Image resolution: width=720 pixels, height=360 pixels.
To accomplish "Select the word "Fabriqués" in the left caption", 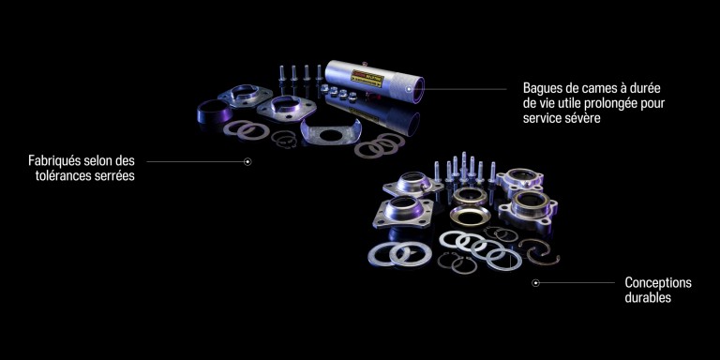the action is [55, 160].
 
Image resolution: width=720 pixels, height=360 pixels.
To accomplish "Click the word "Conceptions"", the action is [658, 282].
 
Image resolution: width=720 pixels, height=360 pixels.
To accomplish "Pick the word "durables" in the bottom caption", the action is [648, 297].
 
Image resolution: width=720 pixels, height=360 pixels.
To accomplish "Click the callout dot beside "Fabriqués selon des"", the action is [247, 161].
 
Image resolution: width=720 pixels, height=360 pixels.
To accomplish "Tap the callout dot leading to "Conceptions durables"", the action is [535, 283].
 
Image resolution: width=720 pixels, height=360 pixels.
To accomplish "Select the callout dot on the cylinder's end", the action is [417, 89].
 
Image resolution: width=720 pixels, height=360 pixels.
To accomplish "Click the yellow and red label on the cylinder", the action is [367, 79].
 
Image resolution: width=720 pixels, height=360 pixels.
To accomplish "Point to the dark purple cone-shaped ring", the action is [215, 111].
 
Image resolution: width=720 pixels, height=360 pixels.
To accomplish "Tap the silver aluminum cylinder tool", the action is [374, 82].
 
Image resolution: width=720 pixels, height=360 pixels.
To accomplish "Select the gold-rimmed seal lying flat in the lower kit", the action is [470, 216].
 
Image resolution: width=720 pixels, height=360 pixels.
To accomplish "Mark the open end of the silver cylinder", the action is [417, 90].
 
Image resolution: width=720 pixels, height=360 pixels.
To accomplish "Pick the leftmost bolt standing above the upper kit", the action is [282, 74].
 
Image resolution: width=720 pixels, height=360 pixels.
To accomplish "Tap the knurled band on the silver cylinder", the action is [400, 86].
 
